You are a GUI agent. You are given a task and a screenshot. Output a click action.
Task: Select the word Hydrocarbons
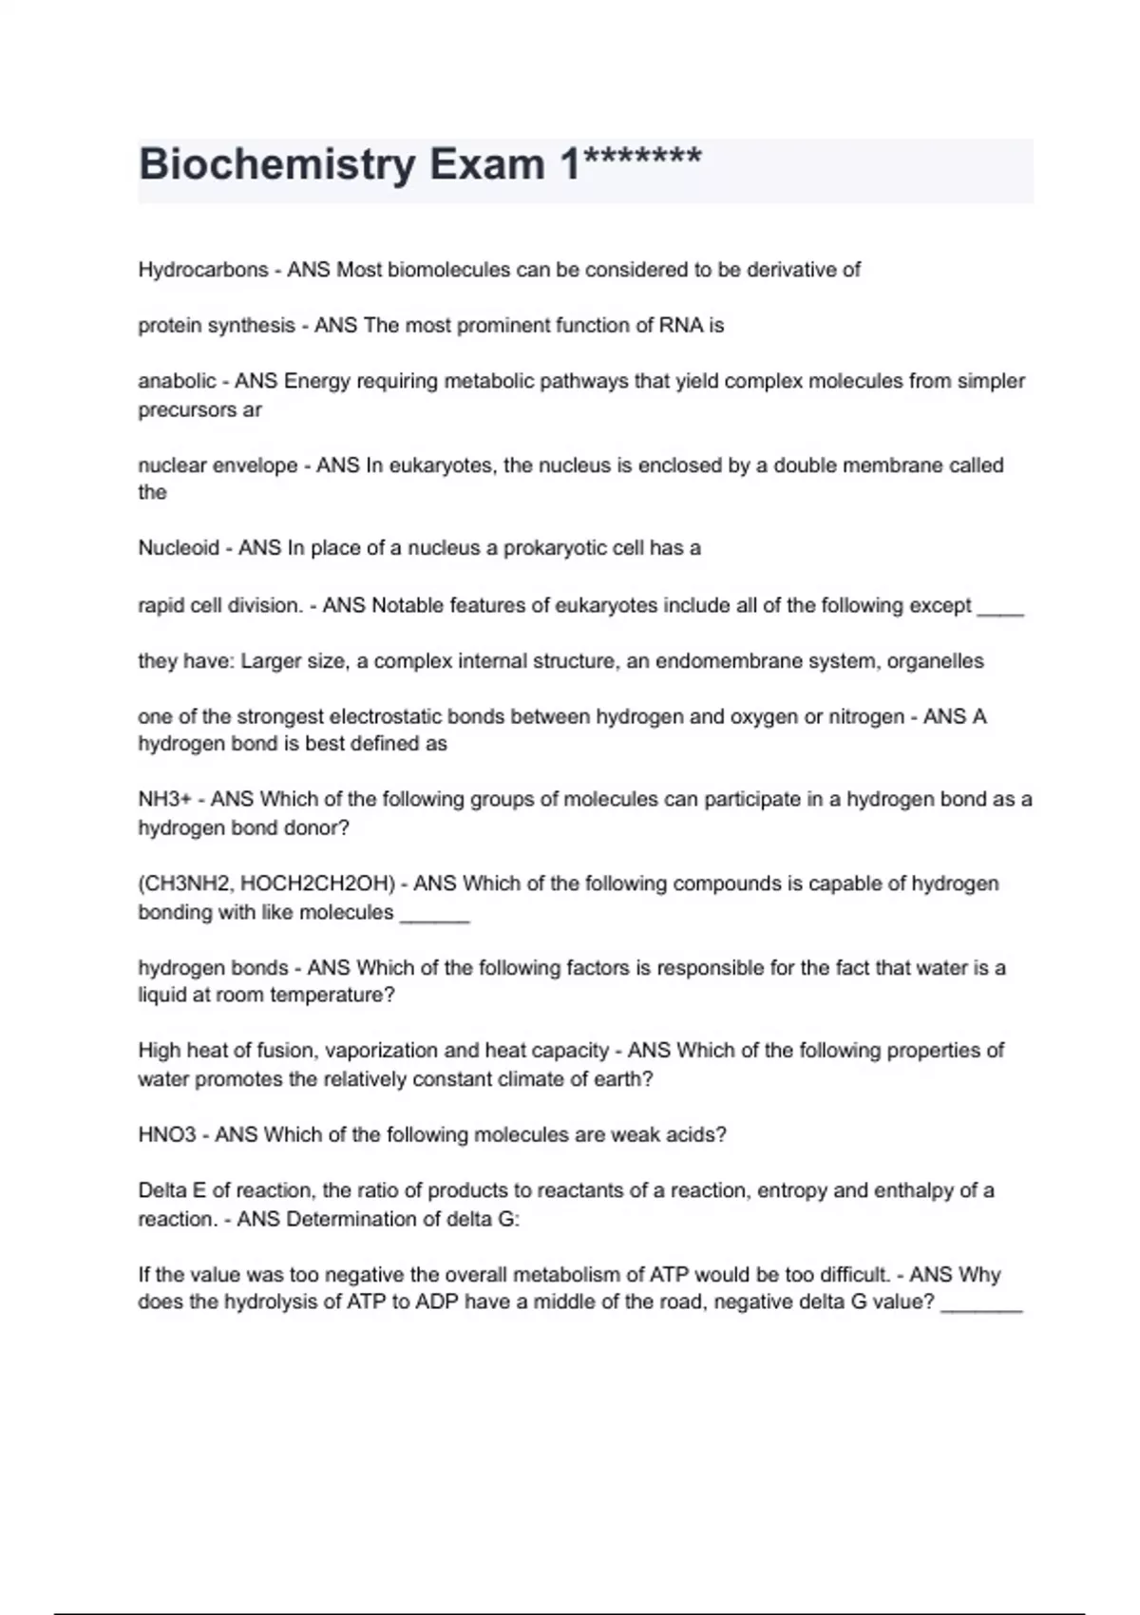click(x=203, y=270)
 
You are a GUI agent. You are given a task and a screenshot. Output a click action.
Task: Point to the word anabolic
click(x=177, y=382)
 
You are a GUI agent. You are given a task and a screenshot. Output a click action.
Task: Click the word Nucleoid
click(x=178, y=548)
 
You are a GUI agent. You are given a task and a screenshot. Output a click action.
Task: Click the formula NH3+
click(x=164, y=800)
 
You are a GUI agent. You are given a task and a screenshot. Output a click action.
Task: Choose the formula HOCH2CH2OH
click(x=317, y=883)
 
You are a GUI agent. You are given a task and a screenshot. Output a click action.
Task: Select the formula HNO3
click(x=167, y=1134)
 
